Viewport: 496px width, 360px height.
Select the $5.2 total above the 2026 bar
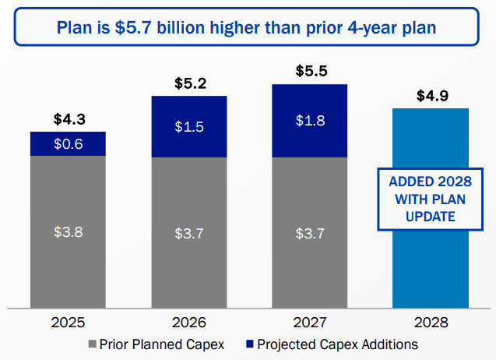pyautogui.click(x=188, y=83)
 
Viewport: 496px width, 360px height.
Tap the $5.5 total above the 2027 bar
pyautogui.click(x=310, y=71)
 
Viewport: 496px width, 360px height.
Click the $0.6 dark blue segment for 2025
pyautogui.click(x=68, y=144)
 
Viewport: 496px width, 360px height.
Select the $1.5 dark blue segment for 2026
pyautogui.click(x=188, y=127)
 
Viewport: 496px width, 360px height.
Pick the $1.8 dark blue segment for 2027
pyautogui.click(x=310, y=121)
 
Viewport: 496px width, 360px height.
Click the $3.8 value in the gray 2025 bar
pyautogui.click(x=68, y=231)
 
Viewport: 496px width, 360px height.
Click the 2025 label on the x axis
pyautogui.click(x=68, y=323)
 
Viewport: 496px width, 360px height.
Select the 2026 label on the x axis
pyautogui.click(x=188, y=323)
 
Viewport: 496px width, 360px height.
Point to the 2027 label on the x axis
pyautogui.click(x=310, y=323)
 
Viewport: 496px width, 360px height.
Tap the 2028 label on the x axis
pyautogui.click(x=430, y=323)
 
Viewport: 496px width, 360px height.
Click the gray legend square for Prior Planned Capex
pyautogui.click(x=93, y=344)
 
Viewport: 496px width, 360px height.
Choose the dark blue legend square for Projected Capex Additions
pyautogui.click(x=248, y=344)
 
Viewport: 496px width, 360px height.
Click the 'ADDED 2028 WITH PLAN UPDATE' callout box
pyautogui.click(x=430, y=199)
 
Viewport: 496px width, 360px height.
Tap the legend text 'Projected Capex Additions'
pyautogui.click(x=337, y=344)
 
